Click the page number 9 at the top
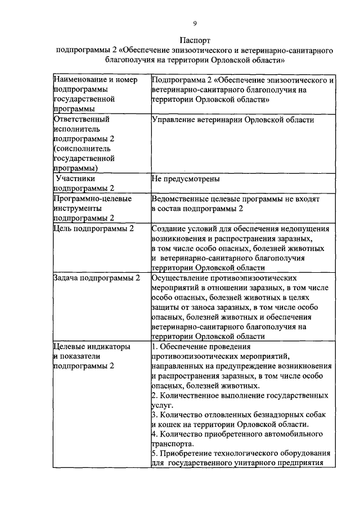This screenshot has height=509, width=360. [x=194, y=22]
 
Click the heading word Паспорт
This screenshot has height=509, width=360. [x=195, y=41]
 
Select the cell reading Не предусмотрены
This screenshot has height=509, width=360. [x=186, y=179]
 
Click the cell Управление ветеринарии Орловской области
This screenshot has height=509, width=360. [x=233, y=120]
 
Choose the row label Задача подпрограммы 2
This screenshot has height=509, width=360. [x=96, y=278]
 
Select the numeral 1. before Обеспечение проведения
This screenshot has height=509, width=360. [x=155, y=346]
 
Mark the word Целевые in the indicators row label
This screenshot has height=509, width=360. [x=69, y=346]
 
